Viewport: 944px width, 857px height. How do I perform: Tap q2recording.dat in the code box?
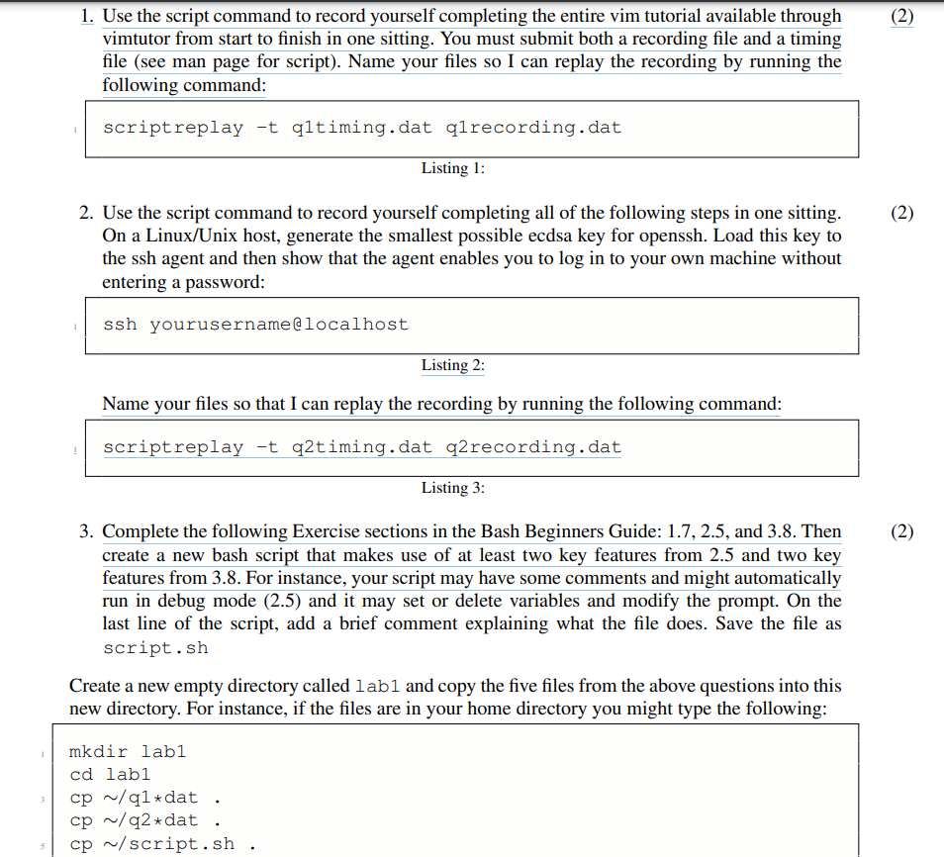[x=534, y=447]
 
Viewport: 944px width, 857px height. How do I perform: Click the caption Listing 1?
[x=452, y=168]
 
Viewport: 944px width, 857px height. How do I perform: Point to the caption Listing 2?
[x=452, y=365]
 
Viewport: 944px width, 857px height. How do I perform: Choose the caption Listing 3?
[x=452, y=488]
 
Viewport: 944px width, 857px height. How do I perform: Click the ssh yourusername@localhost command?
[x=255, y=325]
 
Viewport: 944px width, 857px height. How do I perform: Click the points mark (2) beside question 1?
[x=901, y=17]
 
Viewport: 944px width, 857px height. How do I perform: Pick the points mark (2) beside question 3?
[x=901, y=532]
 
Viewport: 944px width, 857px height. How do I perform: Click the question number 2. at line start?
[x=87, y=213]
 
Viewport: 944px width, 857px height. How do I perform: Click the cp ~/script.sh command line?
[x=152, y=844]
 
